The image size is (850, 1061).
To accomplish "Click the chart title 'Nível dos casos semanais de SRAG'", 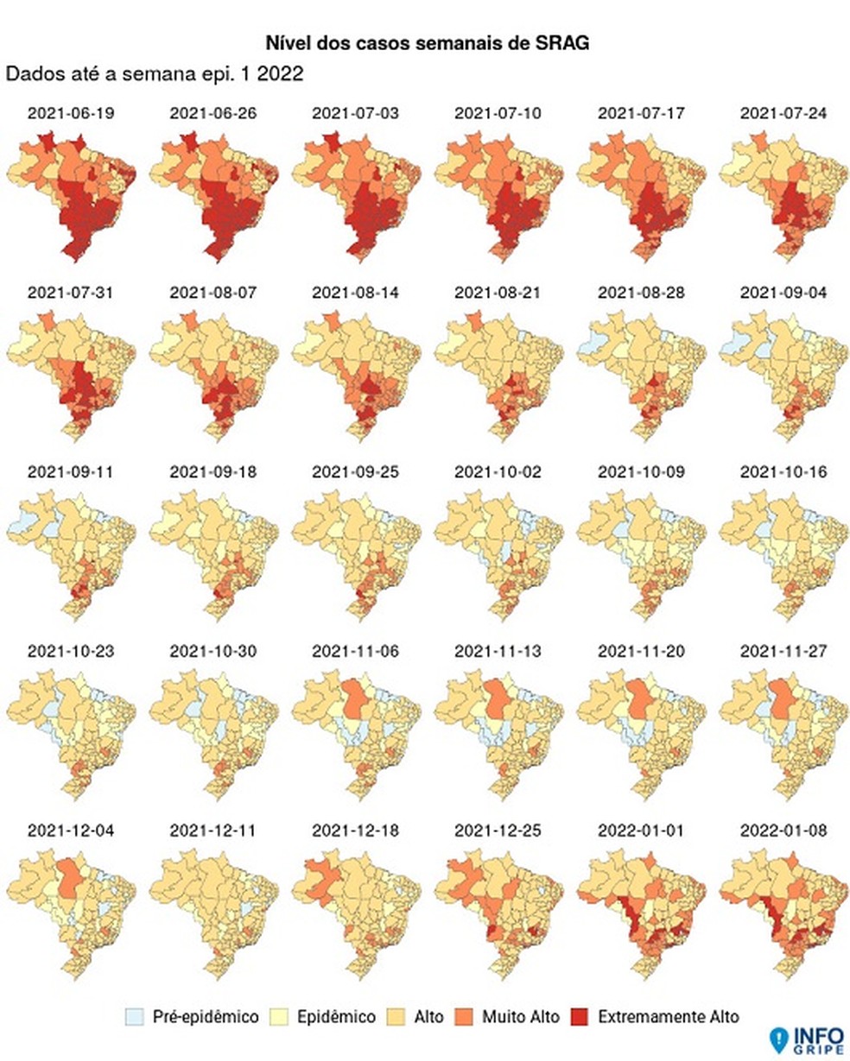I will pyautogui.click(x=428, y=43).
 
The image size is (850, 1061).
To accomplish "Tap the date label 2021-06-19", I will pyautogui.click(x=71, y=113).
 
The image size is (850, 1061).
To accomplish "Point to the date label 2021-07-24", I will pyautogui.click(x=783, y=113).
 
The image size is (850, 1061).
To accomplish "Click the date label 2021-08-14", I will pyautogui.click(x=355, y=293).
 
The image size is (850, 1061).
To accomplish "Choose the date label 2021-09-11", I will pyautogui.click(x=71, y=472).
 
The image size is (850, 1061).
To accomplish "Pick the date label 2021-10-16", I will pyautogui.click(x=783, y=472).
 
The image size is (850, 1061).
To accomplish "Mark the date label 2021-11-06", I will pyautogui.click(x=355, y=651).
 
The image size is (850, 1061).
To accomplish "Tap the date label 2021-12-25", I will pyautogui.click(x=498, y=830).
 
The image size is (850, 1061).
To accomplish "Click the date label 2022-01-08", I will pyautogui.click(x=783, y=830).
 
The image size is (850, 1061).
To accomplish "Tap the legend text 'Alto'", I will pyautogui.click(x=428, y=1016).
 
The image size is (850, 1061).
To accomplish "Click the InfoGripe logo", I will pyautogui.click(x=803, y=1039).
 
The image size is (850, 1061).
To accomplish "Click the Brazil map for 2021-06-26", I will pyautogui.click(x=214, y=194).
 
